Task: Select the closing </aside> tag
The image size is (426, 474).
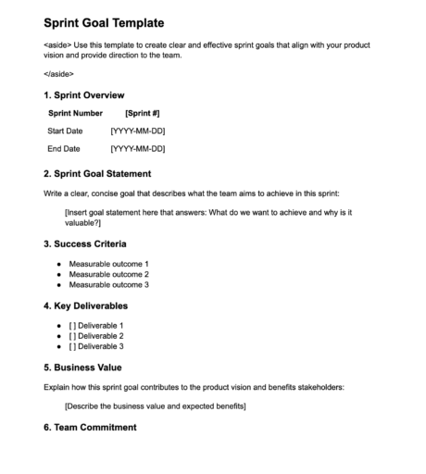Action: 59,74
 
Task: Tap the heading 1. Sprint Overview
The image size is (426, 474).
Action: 83,95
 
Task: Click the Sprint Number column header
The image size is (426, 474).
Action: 75,113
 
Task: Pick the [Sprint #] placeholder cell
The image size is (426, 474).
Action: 142,113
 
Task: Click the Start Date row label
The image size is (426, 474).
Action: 65,131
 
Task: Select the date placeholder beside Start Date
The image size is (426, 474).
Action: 137,131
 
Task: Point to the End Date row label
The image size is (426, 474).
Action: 63,148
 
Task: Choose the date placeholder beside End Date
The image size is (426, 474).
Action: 137,148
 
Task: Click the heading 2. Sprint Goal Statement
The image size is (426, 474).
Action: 97,173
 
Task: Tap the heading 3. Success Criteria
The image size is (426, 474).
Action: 84,243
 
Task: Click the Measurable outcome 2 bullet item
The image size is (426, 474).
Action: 108,274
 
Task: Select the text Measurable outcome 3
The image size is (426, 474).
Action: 108,284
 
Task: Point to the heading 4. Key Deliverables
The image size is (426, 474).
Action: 85,306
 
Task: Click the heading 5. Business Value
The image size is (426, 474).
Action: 82,367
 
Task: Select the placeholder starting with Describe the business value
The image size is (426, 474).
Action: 155,405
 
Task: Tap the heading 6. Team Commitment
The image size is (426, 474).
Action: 90,427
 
